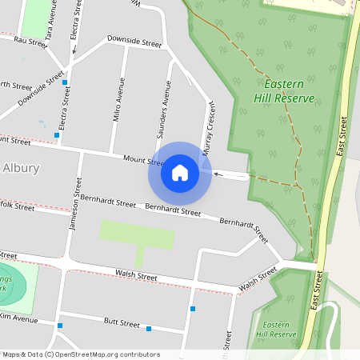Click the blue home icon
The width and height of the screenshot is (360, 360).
[180, 173]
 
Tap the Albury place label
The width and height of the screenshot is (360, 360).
[20, 168]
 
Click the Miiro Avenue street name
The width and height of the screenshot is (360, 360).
[118, 98]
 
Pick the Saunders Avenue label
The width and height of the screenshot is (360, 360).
[167, 104]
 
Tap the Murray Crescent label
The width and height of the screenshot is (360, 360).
[210, 127]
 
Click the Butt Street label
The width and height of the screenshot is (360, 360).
[122, 323]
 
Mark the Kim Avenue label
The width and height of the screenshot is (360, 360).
[19, 319]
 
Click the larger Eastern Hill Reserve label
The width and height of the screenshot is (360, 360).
[284, 90]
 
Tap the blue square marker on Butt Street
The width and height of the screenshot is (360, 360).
[149, 328]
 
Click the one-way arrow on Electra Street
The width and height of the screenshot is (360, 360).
[74, 50]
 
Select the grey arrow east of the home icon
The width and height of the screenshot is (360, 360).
[219, 172]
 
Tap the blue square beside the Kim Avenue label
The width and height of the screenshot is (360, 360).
[60, 326]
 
